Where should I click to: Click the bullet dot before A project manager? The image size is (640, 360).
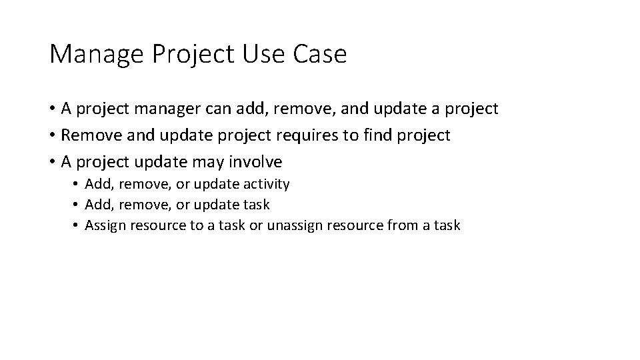click(52, 109)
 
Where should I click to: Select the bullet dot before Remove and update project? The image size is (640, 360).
click(52, 135)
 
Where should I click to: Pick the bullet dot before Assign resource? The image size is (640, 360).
click(77, 225)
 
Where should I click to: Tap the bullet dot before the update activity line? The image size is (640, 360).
click(77, 184)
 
